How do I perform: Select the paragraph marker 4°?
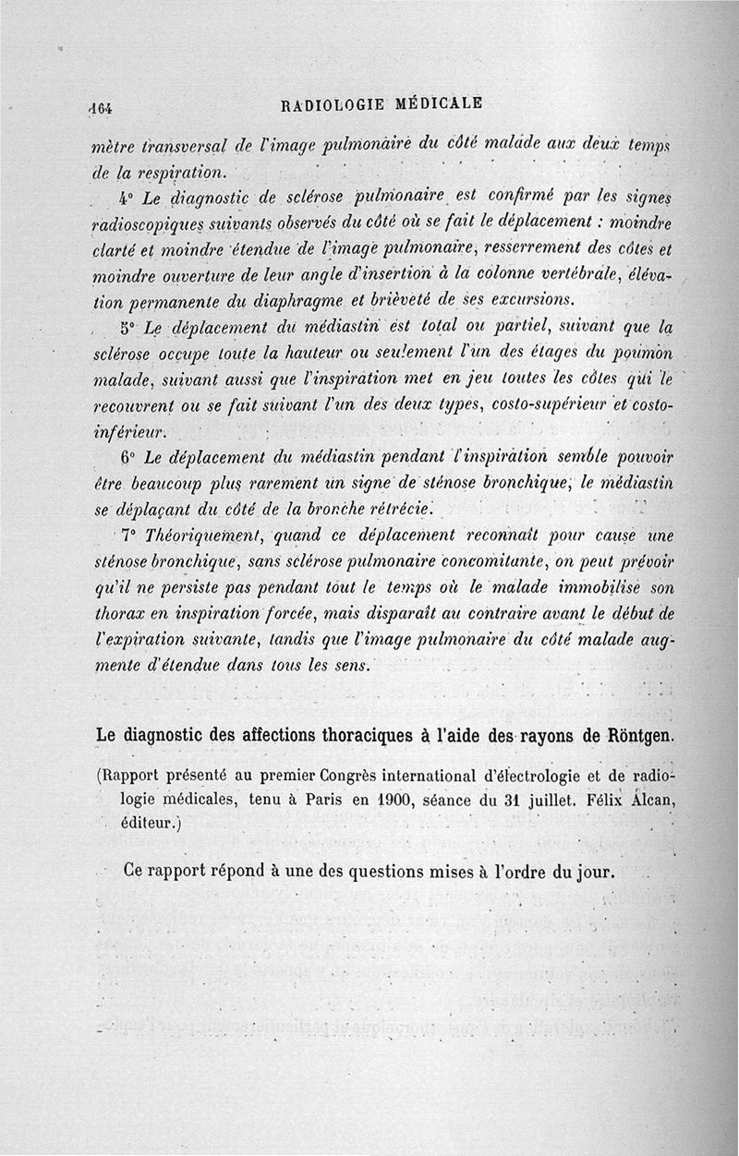tap(127, 198)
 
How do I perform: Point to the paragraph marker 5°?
tap(128, 328)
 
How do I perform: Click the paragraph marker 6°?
tap(127, 459)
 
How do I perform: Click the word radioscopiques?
tap(147, 224)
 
